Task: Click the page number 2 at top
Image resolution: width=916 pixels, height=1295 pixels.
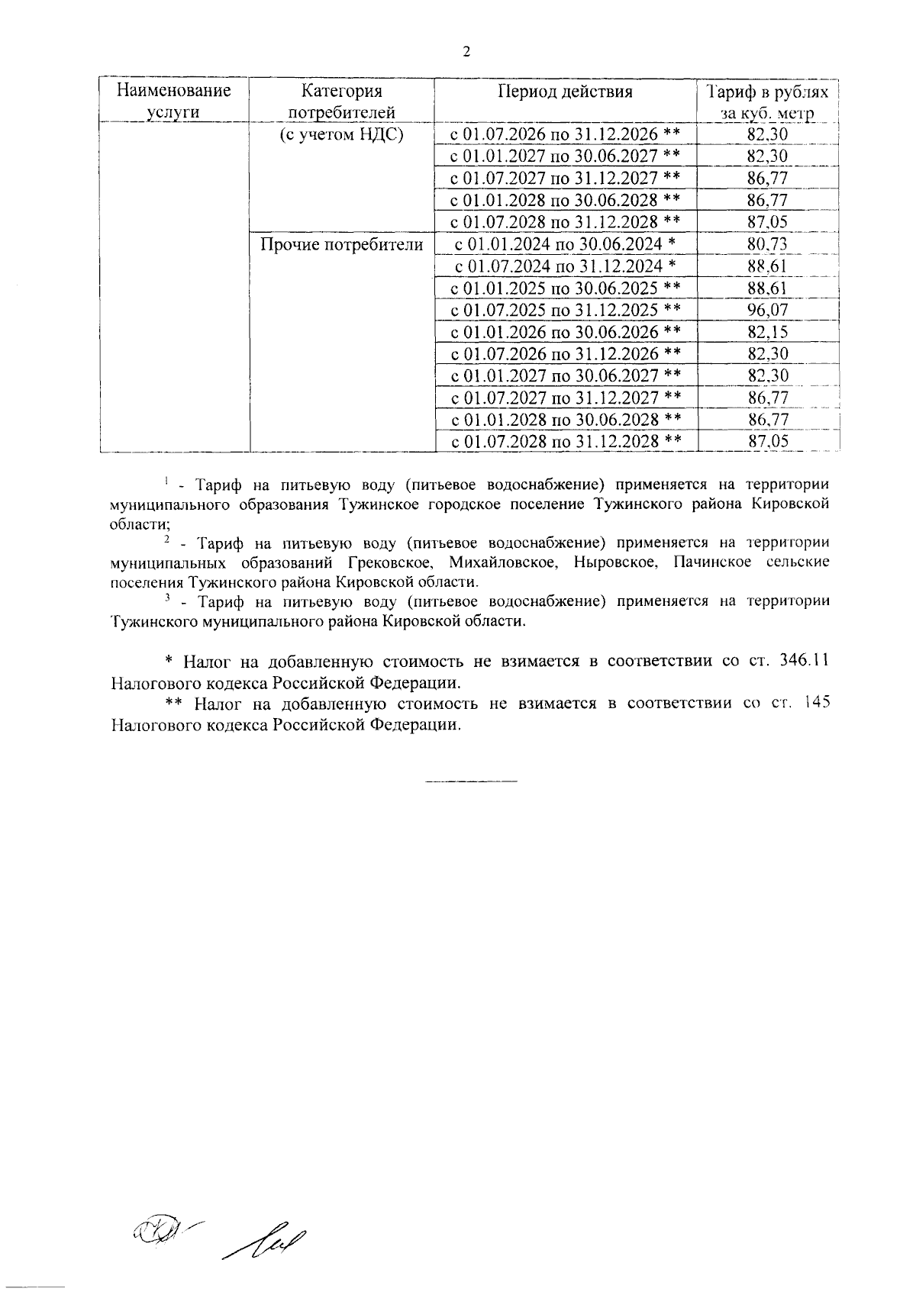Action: coord(466,51)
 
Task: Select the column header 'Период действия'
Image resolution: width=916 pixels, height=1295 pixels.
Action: coord(565,92)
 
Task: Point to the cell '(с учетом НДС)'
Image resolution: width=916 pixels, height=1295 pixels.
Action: coord(341,135)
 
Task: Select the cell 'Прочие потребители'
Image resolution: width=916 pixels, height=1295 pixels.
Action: coord(341,244)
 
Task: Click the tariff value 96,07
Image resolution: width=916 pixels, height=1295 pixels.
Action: coord(768,310)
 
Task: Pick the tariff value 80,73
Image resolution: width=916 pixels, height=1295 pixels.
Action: coord(768,244)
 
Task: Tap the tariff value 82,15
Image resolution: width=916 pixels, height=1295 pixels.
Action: coord(768,332)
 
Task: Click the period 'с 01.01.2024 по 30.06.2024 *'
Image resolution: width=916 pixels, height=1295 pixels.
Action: coord(565,244)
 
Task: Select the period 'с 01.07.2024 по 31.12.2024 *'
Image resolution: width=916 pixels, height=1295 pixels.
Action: coord(565,266)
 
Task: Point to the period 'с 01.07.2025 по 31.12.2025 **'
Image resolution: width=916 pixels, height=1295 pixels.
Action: coord(565,310)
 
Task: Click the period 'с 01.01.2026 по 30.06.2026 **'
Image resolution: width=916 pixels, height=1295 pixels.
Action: coord(565,332)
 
